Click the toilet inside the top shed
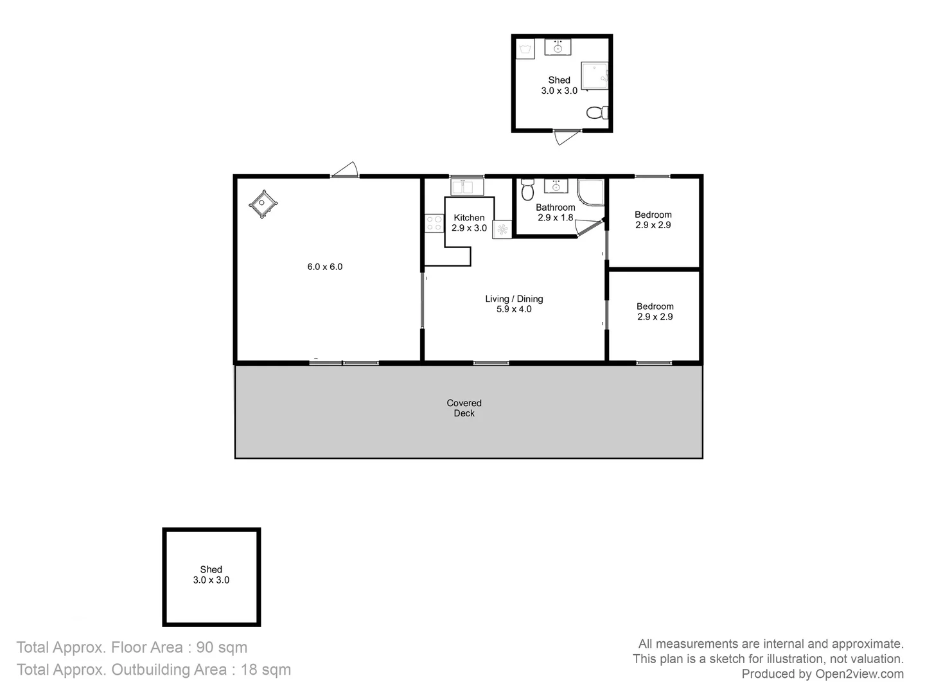(x=598, y=112)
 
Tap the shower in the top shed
(x=594, y=76)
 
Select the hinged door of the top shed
(x=567, y=136)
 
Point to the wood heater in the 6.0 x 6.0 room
(x=263, y=204)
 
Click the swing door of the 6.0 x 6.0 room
(x=345, y=170)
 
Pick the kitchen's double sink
(x=466, y=187)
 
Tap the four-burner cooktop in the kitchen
(x=434, y=223)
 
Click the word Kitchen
(x=469, y=218)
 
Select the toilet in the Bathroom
(x=527, y=190)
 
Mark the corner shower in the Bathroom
(x=590, y=191)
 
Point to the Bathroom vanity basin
(x=556, y=186)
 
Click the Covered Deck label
(x=464, y=408)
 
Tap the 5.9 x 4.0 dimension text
(x=514, y=309)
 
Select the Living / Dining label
(x=514, y=299)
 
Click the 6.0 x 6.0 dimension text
(x=324, y=267)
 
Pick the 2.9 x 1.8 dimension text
(x=555, y=218)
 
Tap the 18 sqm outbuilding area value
(x=265, y=670)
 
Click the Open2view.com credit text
(x=859, y=674)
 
